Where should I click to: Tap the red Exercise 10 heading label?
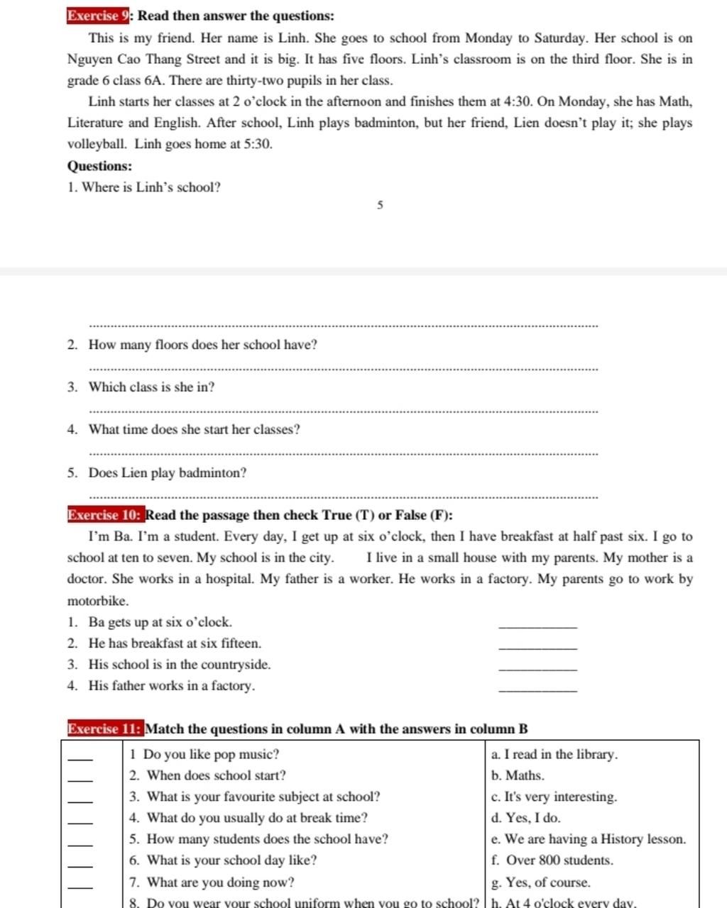pos(106,515)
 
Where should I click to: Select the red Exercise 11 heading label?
pos(106,729)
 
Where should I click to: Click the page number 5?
pos(380,206)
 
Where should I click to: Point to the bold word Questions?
pos(99,166)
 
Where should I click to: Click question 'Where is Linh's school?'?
pos(151,187)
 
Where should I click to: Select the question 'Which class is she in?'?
pos(151,387)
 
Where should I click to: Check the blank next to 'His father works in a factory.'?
pos(538,690)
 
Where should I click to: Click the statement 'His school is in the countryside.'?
pos(179,665)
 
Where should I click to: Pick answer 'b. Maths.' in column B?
pos(518,775)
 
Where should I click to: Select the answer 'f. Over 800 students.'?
pos(552,860)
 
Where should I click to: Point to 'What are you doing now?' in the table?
pos(220,882)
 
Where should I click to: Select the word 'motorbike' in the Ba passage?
pos(97,601)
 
